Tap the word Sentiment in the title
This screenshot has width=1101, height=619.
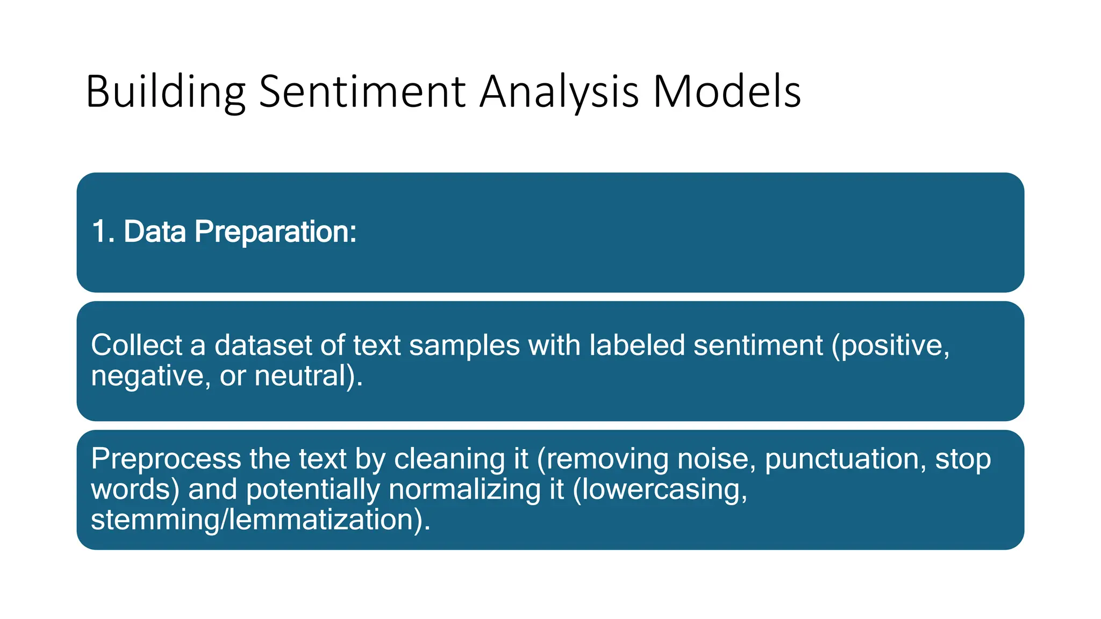click(x=362, y=91)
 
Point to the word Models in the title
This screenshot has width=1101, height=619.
click(x=726, y=91)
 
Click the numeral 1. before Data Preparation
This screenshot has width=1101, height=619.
click(x=103, y=232)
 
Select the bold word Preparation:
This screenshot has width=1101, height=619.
click(x=275, y=233)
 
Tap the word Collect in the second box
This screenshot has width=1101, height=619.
click(x=137, y=345)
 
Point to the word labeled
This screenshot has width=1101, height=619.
click(x=637, y=345)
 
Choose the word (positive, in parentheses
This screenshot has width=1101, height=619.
click(x=890, y=346)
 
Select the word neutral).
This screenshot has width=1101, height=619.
click(x=309, y=376)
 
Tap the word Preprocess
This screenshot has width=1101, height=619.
click(x=166, y=459)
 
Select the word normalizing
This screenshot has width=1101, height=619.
click(x=464, y=490)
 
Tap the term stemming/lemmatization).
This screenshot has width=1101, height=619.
click(x=261, y=520)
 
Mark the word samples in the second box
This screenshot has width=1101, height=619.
click(x=464, y=346)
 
